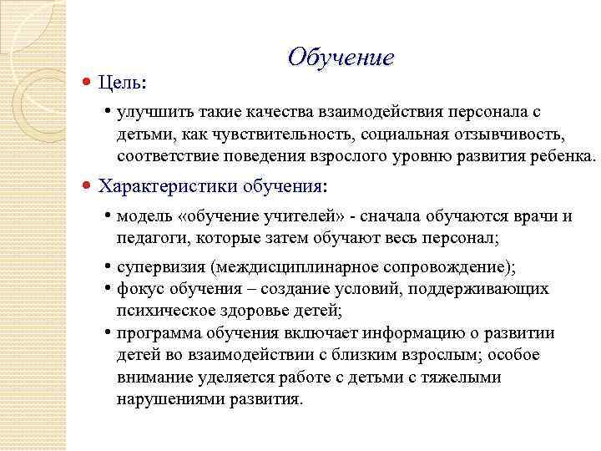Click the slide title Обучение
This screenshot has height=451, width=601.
[x=340, y=58]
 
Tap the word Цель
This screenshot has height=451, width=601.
[x=120, y=82]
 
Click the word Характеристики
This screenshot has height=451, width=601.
[x=169, y=185]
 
